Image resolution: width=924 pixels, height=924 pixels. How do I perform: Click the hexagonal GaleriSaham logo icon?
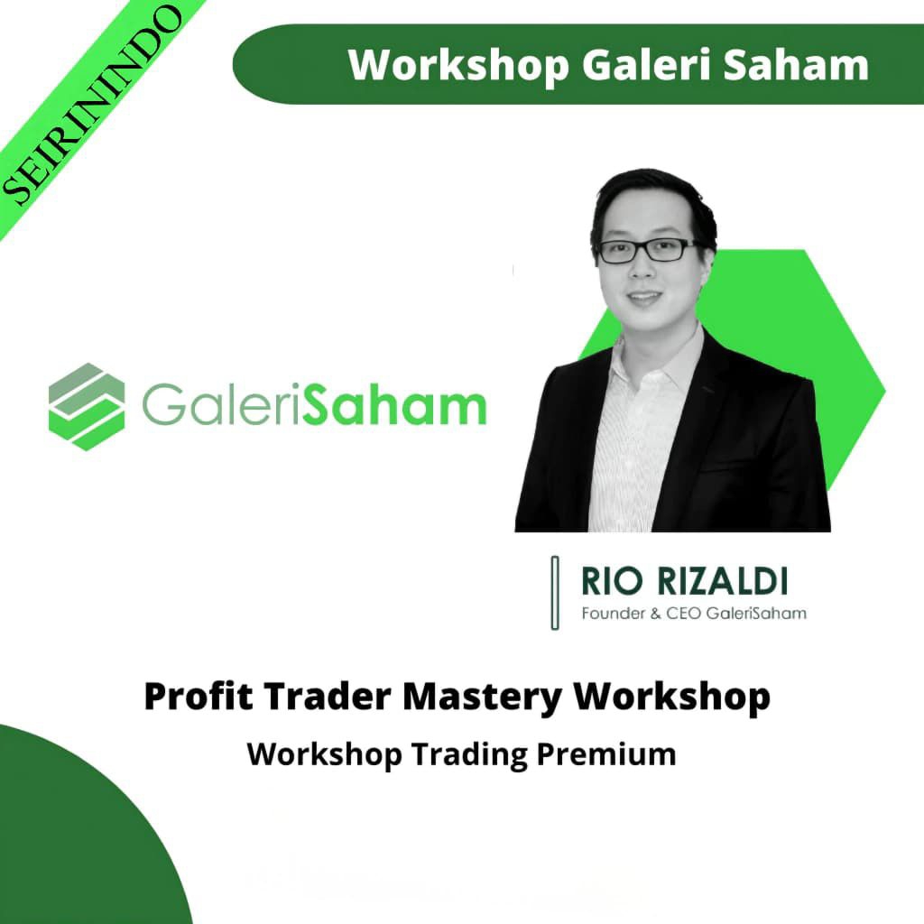pos(87,406)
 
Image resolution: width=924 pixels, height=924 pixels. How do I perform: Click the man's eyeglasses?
pos(648,250)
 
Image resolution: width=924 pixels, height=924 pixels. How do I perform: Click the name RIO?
pos(604,581)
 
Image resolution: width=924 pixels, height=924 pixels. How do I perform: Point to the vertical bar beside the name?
pos(555,592)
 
